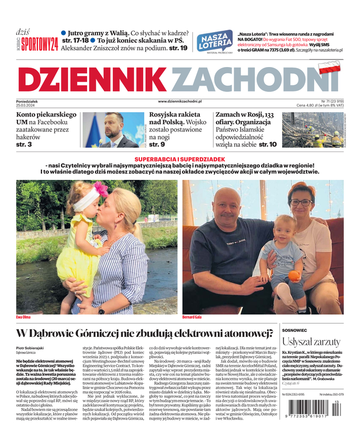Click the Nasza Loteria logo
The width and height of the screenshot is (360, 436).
point(214,41)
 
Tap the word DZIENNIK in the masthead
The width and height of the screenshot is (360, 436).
point(93,80)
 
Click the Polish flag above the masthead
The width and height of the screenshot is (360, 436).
point(330,68)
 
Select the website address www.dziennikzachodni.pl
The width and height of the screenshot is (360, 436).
point(180,101)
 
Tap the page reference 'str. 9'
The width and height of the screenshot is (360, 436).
point(157,144)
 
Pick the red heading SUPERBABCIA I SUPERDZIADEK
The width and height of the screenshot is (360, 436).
point(180,158)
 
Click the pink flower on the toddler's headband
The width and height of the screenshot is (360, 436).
point(101,189)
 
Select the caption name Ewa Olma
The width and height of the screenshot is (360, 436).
point(24,317)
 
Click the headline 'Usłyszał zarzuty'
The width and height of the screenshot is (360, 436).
point(310,342)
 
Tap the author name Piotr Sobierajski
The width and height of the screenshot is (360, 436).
point(30,348)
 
